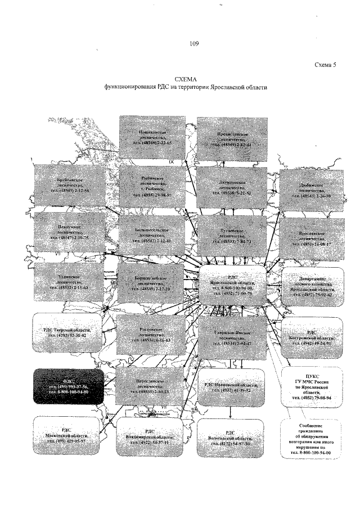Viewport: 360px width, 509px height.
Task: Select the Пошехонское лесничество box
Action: [152, 137]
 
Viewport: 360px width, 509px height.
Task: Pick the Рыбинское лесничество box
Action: [152, 186]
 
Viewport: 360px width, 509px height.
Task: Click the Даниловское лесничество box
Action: [232, 186]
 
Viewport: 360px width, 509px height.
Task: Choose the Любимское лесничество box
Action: [312, 189]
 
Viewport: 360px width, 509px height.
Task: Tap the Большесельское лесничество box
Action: [152, 236]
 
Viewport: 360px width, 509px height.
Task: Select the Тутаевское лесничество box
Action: [232, 236]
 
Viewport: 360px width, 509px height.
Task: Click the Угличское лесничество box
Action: [70, 281]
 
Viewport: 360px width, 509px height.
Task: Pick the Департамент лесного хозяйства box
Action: [313, 287]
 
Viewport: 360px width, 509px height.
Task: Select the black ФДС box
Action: [68, 386]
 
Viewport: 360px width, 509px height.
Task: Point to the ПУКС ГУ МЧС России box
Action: [311, 387]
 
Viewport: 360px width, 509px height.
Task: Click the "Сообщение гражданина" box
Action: [311, 439]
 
